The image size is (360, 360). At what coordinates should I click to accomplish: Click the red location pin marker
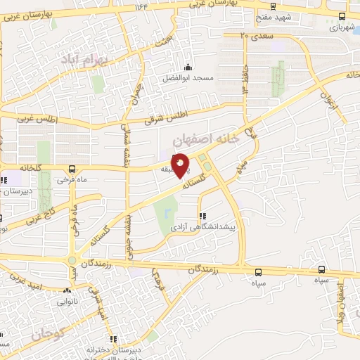181,165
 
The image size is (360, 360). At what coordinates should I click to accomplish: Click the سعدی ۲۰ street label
256,34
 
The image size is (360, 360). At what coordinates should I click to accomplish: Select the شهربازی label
341,29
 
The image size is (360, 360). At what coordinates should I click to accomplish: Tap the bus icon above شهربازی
342,17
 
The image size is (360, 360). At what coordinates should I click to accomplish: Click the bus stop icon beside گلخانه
72,169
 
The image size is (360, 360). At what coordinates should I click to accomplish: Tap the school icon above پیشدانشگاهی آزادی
203,217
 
